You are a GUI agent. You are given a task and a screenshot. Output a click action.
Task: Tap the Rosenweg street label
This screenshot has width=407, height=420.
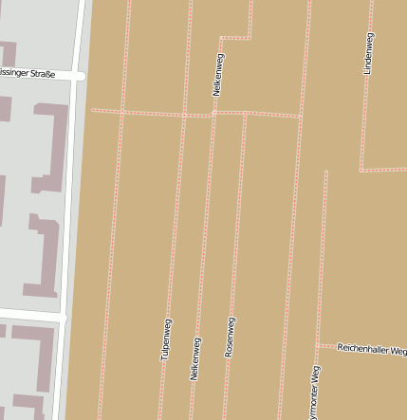point(230,337)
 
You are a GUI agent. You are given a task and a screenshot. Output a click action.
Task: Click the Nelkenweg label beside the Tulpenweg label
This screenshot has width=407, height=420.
point(195,358)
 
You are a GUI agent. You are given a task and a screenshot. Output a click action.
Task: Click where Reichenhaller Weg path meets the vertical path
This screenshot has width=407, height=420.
point(317,345)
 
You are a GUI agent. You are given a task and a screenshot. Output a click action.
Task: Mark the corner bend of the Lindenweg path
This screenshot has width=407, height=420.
point(361,171)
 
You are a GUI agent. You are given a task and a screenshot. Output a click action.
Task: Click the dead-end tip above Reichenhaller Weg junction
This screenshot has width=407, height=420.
point(325,173)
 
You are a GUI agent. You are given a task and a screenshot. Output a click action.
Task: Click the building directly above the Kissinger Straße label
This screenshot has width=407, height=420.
point(8,54)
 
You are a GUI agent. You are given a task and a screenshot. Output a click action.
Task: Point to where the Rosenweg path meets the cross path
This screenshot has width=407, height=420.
point(245,114)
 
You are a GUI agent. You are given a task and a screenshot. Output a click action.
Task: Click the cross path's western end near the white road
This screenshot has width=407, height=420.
point(93,110)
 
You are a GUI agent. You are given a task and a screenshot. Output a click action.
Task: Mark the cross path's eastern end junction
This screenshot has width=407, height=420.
point(302,117)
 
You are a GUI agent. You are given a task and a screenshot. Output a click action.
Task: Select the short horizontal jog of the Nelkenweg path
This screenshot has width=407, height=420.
point(236,38)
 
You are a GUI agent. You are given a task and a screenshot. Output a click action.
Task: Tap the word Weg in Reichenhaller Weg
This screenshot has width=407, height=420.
point(397,350)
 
